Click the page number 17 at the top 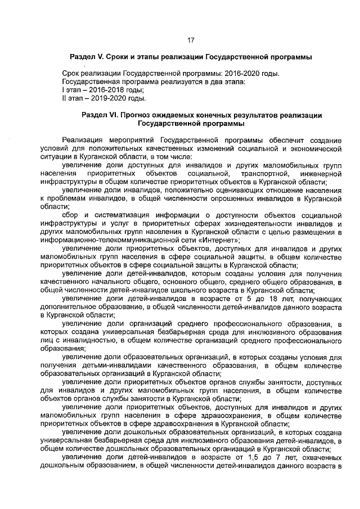(191, 40)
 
